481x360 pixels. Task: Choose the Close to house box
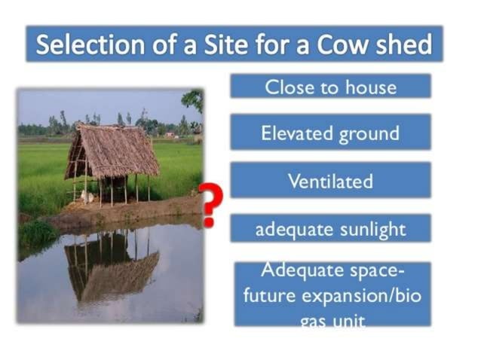tap(330, 87)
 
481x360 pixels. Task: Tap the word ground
tap(369, 135)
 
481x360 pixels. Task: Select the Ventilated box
tap(330, 182)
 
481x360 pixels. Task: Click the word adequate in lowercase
tap(291, 229)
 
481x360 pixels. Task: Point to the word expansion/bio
tap(367, 295)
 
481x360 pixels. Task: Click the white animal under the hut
tap(87, 197)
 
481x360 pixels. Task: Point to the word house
tap(370, 87)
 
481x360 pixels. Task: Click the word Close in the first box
tap(288, 87)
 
